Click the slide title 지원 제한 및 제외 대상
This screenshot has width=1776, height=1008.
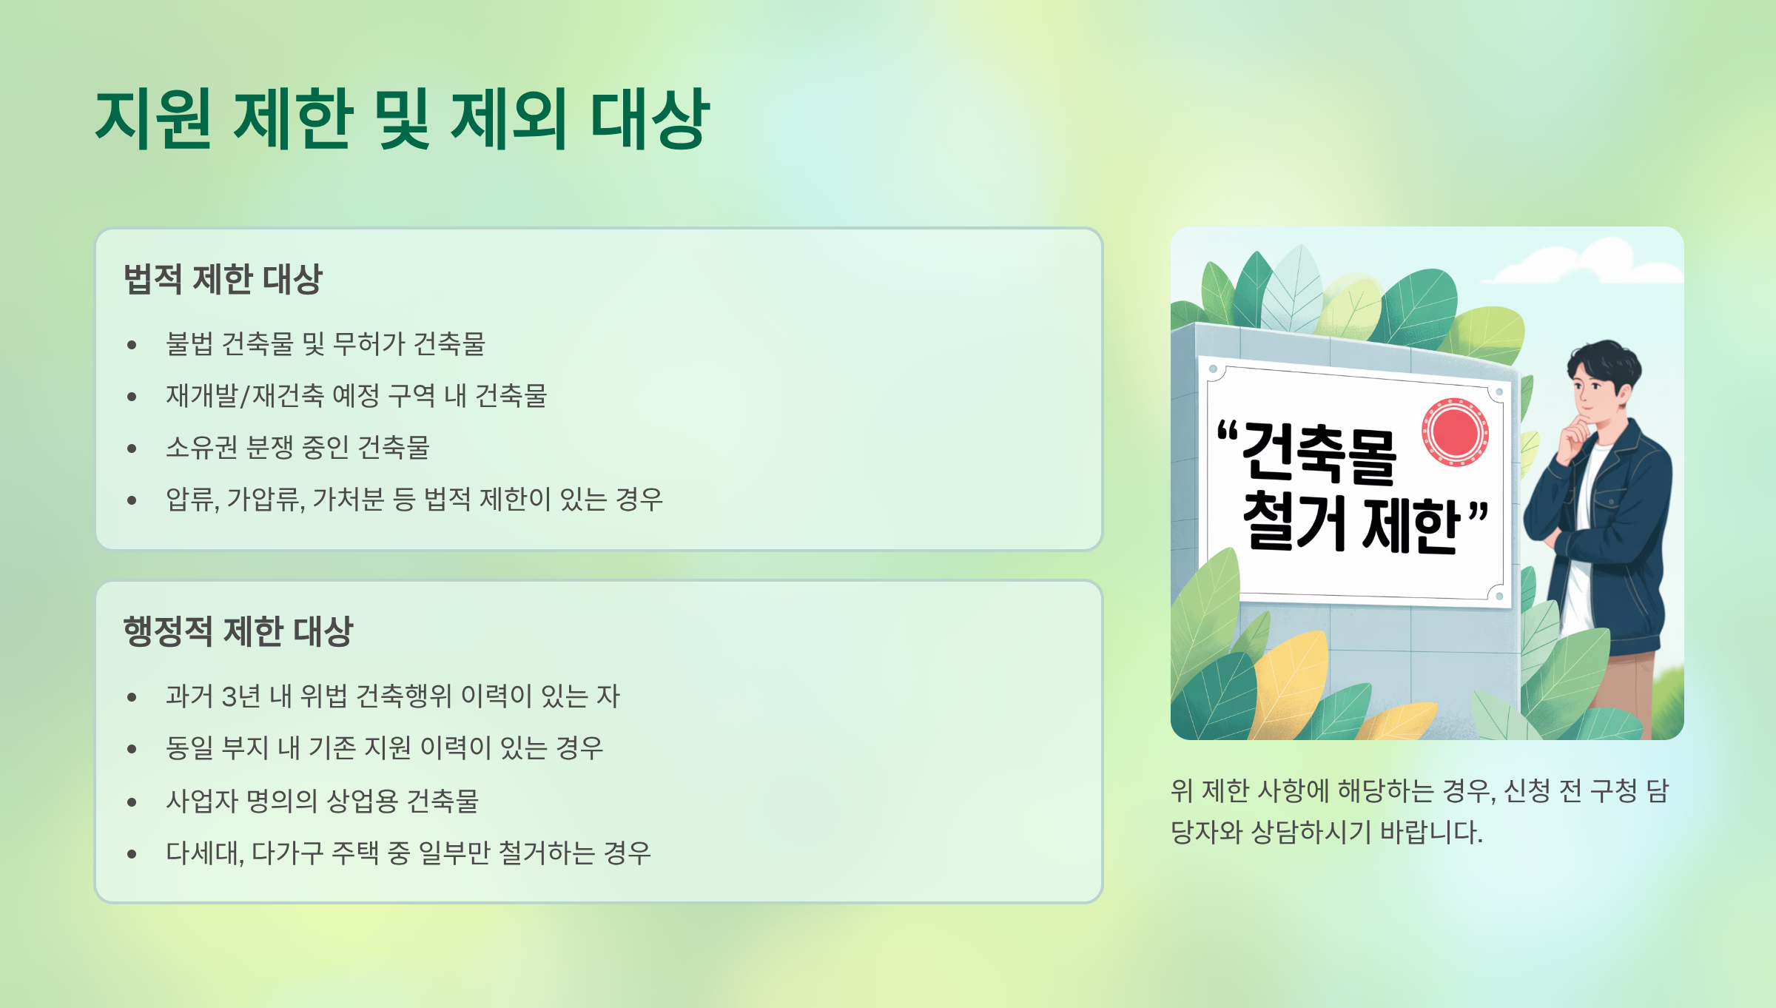pyautogui.click(x=403, y=118)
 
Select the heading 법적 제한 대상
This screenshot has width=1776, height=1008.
pyautogui.click(x=223, y=280)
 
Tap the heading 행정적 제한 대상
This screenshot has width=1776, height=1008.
pyautogui.click(x=238, y=632)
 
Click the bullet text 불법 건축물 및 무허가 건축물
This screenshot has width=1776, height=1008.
pyautogui.click(x=325, y=344)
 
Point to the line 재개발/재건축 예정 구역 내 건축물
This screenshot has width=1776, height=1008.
pyautogui.click(x=356, y=396)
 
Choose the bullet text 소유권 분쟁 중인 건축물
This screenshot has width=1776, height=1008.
pyautogui.click(x=297, y=448)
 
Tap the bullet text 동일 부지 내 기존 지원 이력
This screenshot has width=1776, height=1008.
pyautogui.click(x=384, y=748)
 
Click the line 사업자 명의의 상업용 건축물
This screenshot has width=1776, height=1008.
pyautogui.click(x=322, y=801)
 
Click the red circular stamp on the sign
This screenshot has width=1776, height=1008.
pyautogui.click(x=1455, y=432)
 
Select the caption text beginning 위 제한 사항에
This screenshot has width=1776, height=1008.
pyautogui.click(x=1419, y=811)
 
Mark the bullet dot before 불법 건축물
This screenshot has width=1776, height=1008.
pyautogui.click(x=132, y=345)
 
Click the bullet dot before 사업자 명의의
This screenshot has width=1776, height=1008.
pyautogui.click(x=132, y=802)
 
